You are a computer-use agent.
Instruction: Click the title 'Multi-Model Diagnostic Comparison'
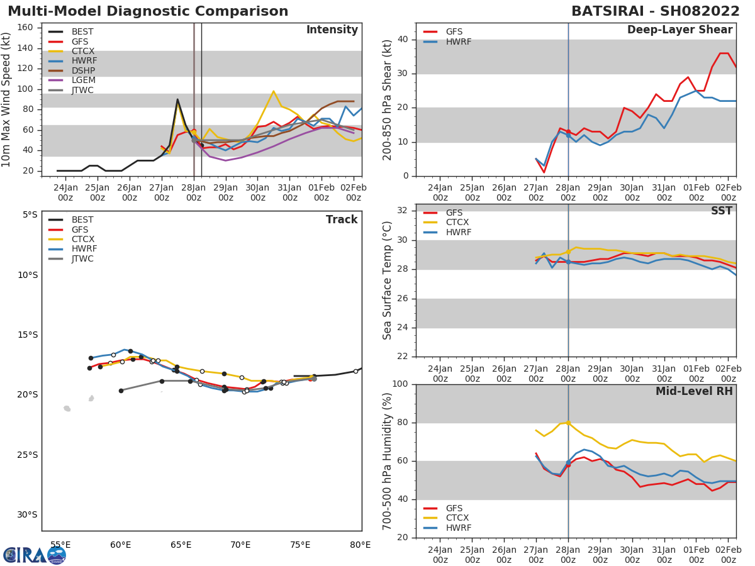(148, 11)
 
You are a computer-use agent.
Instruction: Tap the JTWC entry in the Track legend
(82, 258)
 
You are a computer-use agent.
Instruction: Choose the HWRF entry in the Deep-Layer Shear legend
(458, 42)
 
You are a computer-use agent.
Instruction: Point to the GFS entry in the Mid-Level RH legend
(457, 508)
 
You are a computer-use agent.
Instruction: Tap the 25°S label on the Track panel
(27, 455)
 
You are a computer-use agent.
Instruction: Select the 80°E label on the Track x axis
(360, 545)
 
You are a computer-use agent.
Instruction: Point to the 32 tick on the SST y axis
(401, 211)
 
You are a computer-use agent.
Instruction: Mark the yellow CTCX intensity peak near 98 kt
(273, 91)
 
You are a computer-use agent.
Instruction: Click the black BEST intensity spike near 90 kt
(177, 99)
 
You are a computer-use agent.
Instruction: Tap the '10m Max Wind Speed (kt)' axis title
(7, 99)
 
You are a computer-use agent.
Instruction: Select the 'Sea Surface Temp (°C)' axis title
(388, 280)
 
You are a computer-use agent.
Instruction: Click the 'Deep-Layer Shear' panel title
(679, 30)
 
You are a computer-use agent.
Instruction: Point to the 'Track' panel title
(342, 219)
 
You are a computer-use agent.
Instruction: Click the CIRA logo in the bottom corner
(34, 555)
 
